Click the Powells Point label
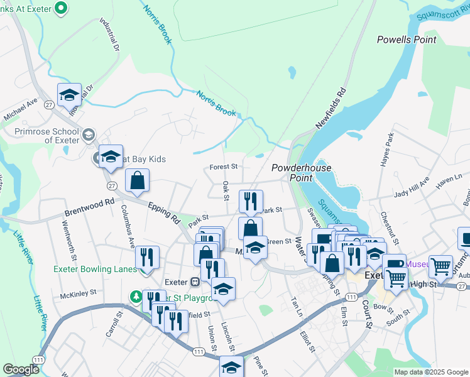407,40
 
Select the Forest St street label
224,167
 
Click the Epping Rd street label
164,212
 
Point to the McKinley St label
79,292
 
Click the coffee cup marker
393,265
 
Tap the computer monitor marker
466,239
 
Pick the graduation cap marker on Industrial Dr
69,96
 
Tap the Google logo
21,370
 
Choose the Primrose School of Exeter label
48,136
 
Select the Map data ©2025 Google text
430,372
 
